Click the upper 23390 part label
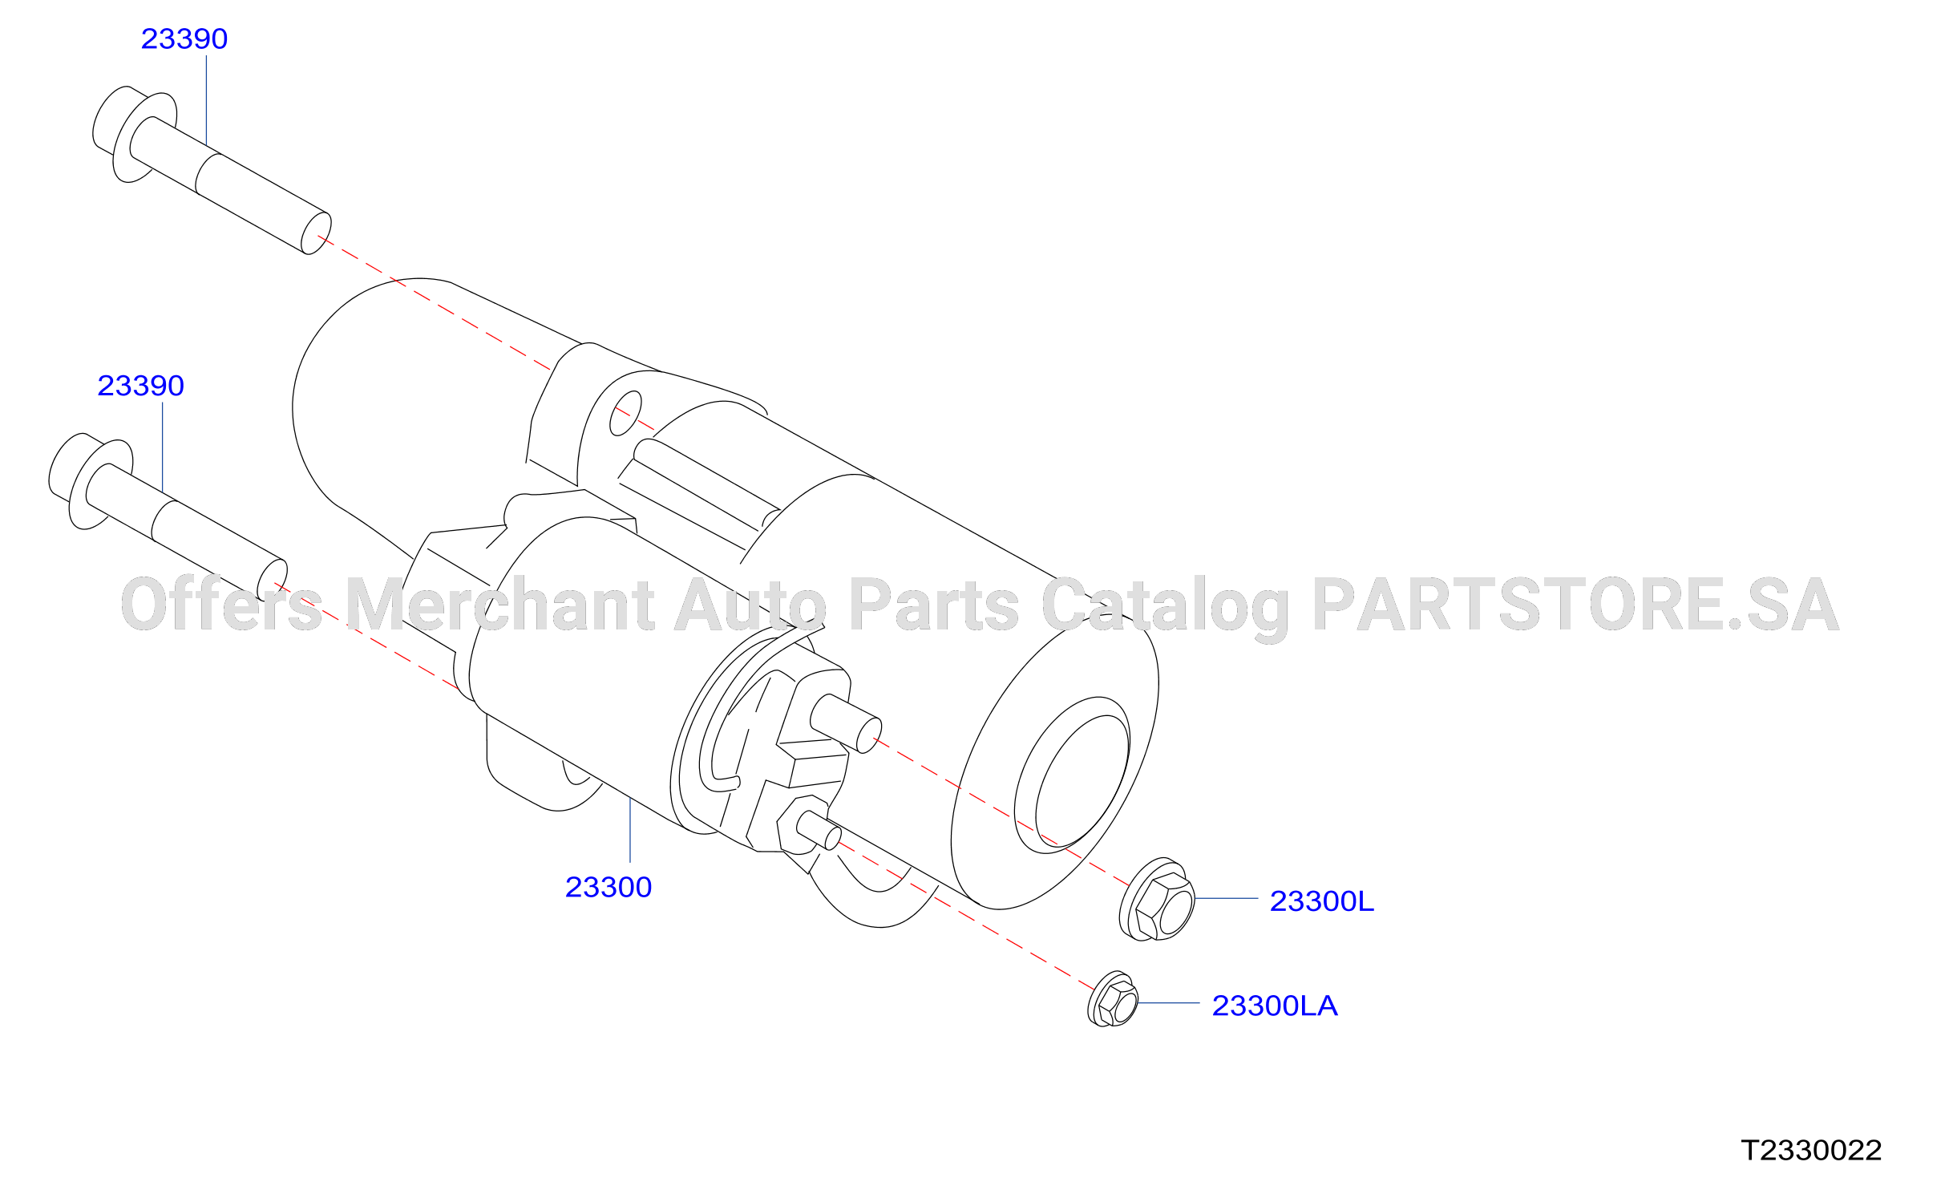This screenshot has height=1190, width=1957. (184, 38)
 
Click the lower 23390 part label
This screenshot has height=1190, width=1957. (141, 386)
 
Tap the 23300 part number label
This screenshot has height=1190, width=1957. (609, 887)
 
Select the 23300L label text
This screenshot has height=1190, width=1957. (1322, 901)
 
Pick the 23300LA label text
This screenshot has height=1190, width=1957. (1275, 1006)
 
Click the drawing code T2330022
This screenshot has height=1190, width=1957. (1812, 1151)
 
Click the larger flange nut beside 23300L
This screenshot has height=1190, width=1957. (1157, 899)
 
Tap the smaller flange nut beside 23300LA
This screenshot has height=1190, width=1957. (1113, 1000)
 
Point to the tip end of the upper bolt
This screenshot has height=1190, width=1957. (316, 233)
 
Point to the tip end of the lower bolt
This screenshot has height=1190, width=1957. (272, 581)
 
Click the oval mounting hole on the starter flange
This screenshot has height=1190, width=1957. (625, 413)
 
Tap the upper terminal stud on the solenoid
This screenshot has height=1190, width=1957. (846, 723)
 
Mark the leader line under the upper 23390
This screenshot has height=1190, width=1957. (207, 100)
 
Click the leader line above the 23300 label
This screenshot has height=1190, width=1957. (630, 830)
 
